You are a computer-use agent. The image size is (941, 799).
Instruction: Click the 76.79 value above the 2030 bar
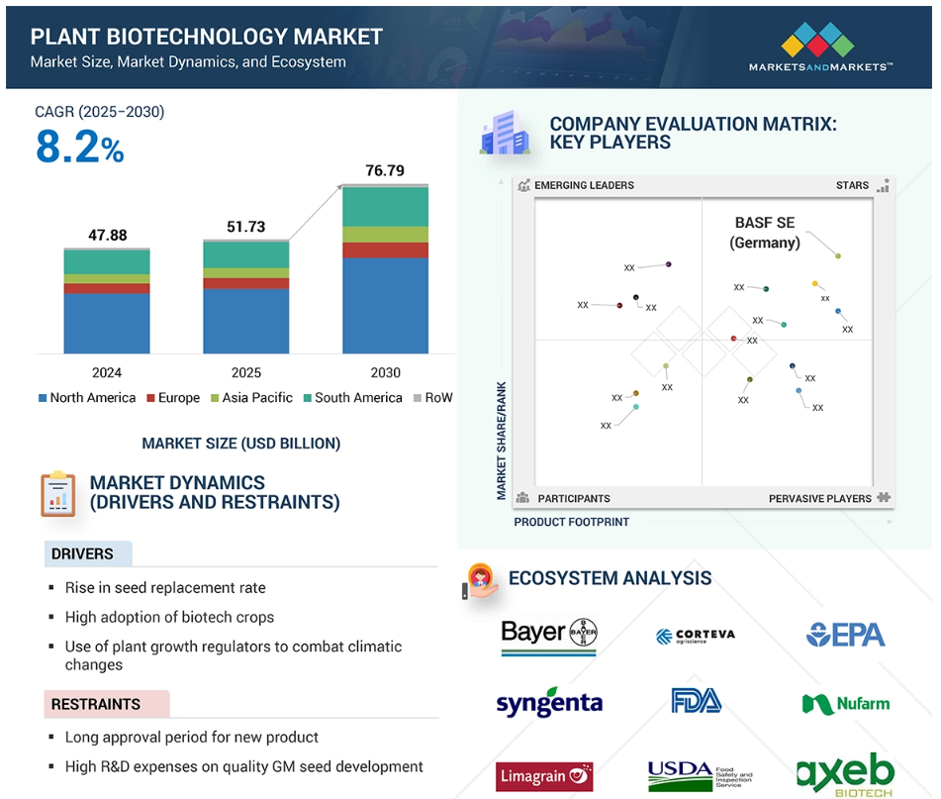click(x=385, y=170)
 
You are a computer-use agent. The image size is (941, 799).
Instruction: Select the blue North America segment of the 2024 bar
click(x=107, y=323)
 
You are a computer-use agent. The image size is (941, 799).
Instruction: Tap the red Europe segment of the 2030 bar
click(x=385, y=250)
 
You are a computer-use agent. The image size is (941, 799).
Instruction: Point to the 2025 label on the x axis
click(x=246, y=373)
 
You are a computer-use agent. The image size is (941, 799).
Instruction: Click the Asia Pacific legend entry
click(x=251, y=397)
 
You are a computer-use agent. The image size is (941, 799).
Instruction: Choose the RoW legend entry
click(x=432, y=397)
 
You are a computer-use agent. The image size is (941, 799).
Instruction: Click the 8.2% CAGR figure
click(x=80, y=147)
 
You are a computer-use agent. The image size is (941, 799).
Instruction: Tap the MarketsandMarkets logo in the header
click(x=819, y=47)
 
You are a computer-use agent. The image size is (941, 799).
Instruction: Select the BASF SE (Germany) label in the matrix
click(x=765, y=233)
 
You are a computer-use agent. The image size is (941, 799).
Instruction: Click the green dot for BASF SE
click(x=838, y=256)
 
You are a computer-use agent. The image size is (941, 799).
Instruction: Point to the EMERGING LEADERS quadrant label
click(x=584, y=185)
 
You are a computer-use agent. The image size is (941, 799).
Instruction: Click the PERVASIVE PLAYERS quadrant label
click(x=819, y=499)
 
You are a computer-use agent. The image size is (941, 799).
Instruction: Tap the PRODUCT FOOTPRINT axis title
click(x=571, y=522)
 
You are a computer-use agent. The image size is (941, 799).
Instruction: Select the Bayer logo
click(x=548, y=636)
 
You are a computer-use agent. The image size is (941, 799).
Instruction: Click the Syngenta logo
click(x=549, y=702)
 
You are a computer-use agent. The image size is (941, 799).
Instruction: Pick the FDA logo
click(x=697, y=701)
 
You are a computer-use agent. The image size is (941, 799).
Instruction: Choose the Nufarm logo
click(x=846, y=704)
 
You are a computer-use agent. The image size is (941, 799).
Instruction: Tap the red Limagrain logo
click(x=544, y=776)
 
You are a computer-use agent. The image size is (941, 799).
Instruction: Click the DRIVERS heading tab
click(x=88, y=553)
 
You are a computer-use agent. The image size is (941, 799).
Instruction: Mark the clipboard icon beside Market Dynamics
click(x=58, y=494)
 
